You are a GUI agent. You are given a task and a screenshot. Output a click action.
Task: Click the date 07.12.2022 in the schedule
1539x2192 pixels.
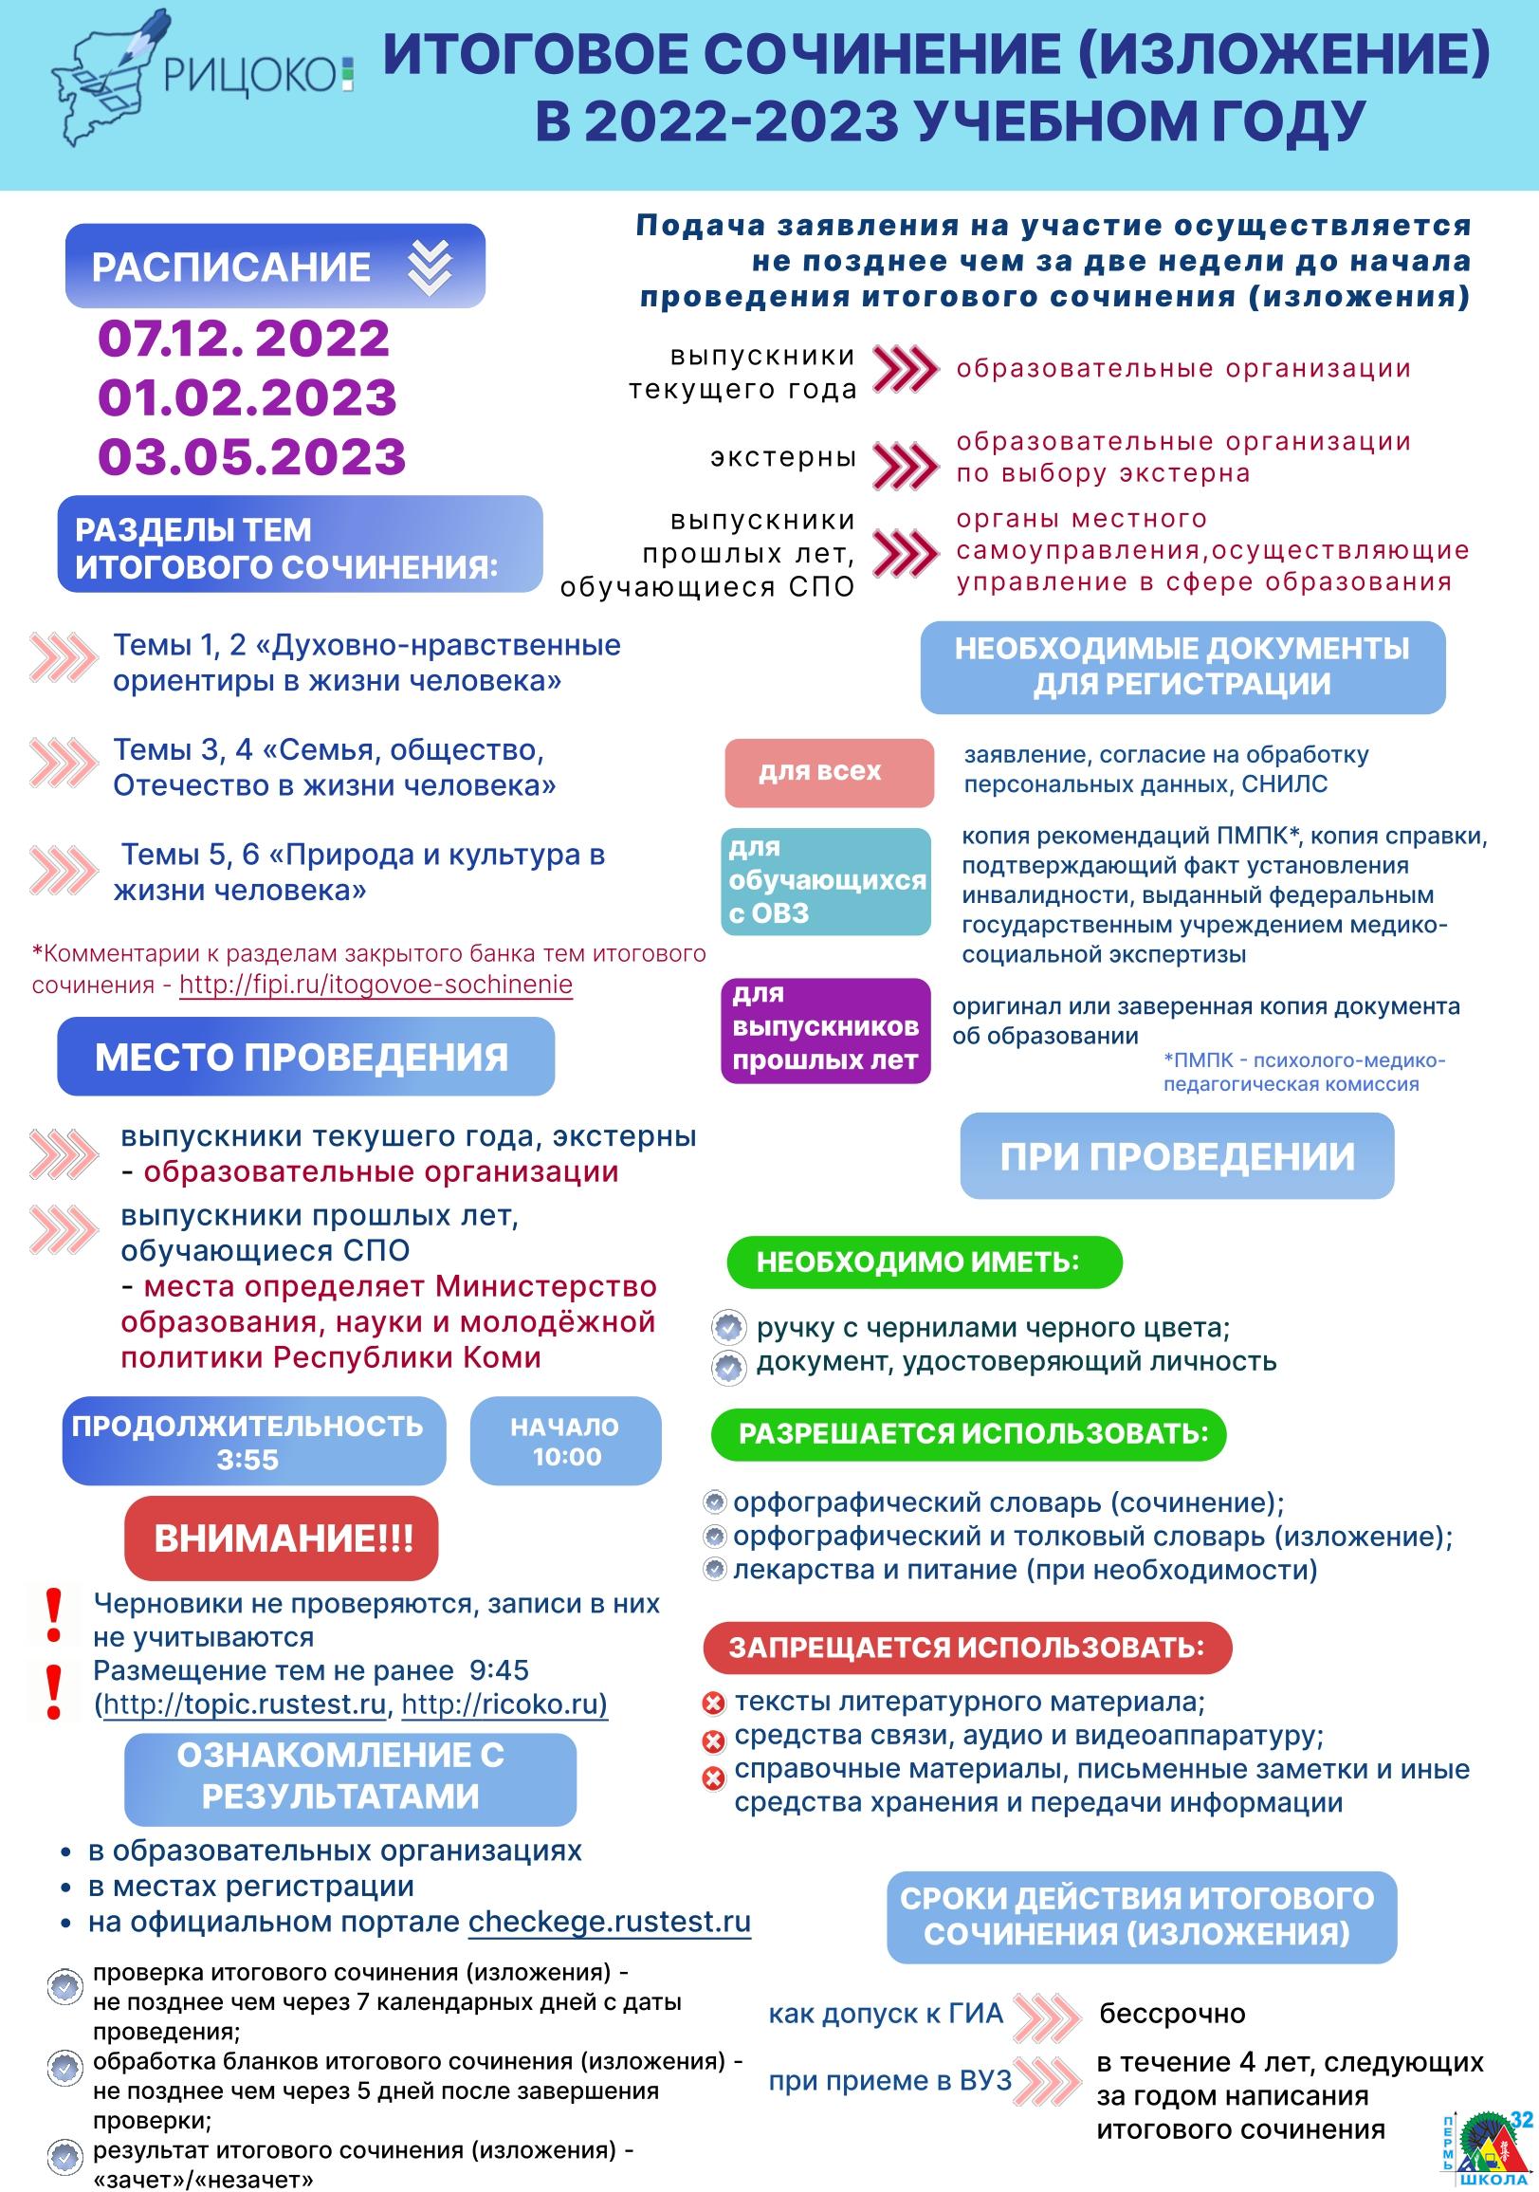(245, 339)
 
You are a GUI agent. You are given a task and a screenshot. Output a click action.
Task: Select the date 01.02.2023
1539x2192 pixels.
(247, 397)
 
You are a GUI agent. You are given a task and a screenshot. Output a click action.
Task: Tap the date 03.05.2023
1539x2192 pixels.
(252, 456)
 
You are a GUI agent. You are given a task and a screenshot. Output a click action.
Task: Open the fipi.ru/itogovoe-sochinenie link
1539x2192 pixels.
(376, 985)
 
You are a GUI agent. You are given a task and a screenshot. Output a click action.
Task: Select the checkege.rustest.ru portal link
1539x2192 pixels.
(609, 1922)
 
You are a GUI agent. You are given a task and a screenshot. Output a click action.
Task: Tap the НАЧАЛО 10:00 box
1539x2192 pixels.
(566, 1442)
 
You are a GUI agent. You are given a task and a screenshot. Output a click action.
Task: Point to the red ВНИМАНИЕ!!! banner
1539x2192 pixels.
(282, 1538)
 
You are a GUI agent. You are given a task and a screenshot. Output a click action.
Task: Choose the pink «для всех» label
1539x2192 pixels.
(829, 771)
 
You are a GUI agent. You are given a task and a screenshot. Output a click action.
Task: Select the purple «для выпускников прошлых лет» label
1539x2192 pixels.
(826, 1029)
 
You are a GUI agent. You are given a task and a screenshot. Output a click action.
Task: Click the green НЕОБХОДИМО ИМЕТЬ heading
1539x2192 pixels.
(924, 1262)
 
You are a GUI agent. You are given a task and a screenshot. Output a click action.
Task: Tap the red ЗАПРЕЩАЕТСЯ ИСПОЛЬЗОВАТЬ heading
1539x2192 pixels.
(967, 1647)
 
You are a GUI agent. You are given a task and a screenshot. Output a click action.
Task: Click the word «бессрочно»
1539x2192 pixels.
(1172, 2015)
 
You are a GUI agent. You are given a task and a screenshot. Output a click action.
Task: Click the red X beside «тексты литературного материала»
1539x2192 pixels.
(713, 1703)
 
